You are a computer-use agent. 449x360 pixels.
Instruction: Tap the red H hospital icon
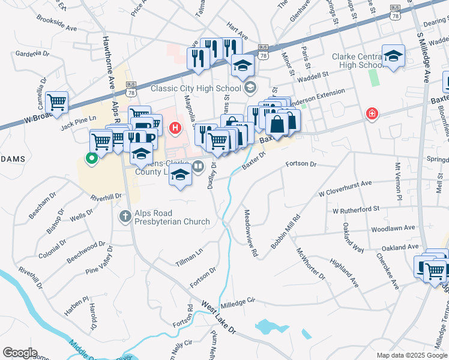click(175, 128)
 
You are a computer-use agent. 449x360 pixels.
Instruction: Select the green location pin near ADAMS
click(91, 158)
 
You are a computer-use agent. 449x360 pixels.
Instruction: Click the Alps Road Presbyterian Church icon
click(125, 216)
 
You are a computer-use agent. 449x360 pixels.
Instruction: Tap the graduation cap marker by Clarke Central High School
click(393, 57)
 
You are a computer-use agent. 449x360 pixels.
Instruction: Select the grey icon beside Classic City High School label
click(250, 88)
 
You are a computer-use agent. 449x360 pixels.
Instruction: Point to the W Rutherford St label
click(357, 210)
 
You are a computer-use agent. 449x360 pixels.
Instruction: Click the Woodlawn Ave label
click(393, 229)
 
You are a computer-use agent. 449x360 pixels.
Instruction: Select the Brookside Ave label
click(56, 28)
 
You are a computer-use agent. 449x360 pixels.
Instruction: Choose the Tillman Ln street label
click(189, 257)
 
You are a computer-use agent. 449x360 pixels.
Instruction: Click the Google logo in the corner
click(20, 353)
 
